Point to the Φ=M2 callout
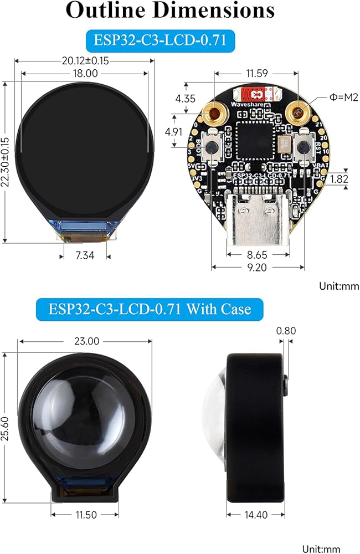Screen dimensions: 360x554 click(344, 98)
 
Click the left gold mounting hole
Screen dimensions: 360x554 click(214, 114)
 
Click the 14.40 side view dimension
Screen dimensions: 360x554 click(256, 515)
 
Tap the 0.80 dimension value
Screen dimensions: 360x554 click(286, 331)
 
